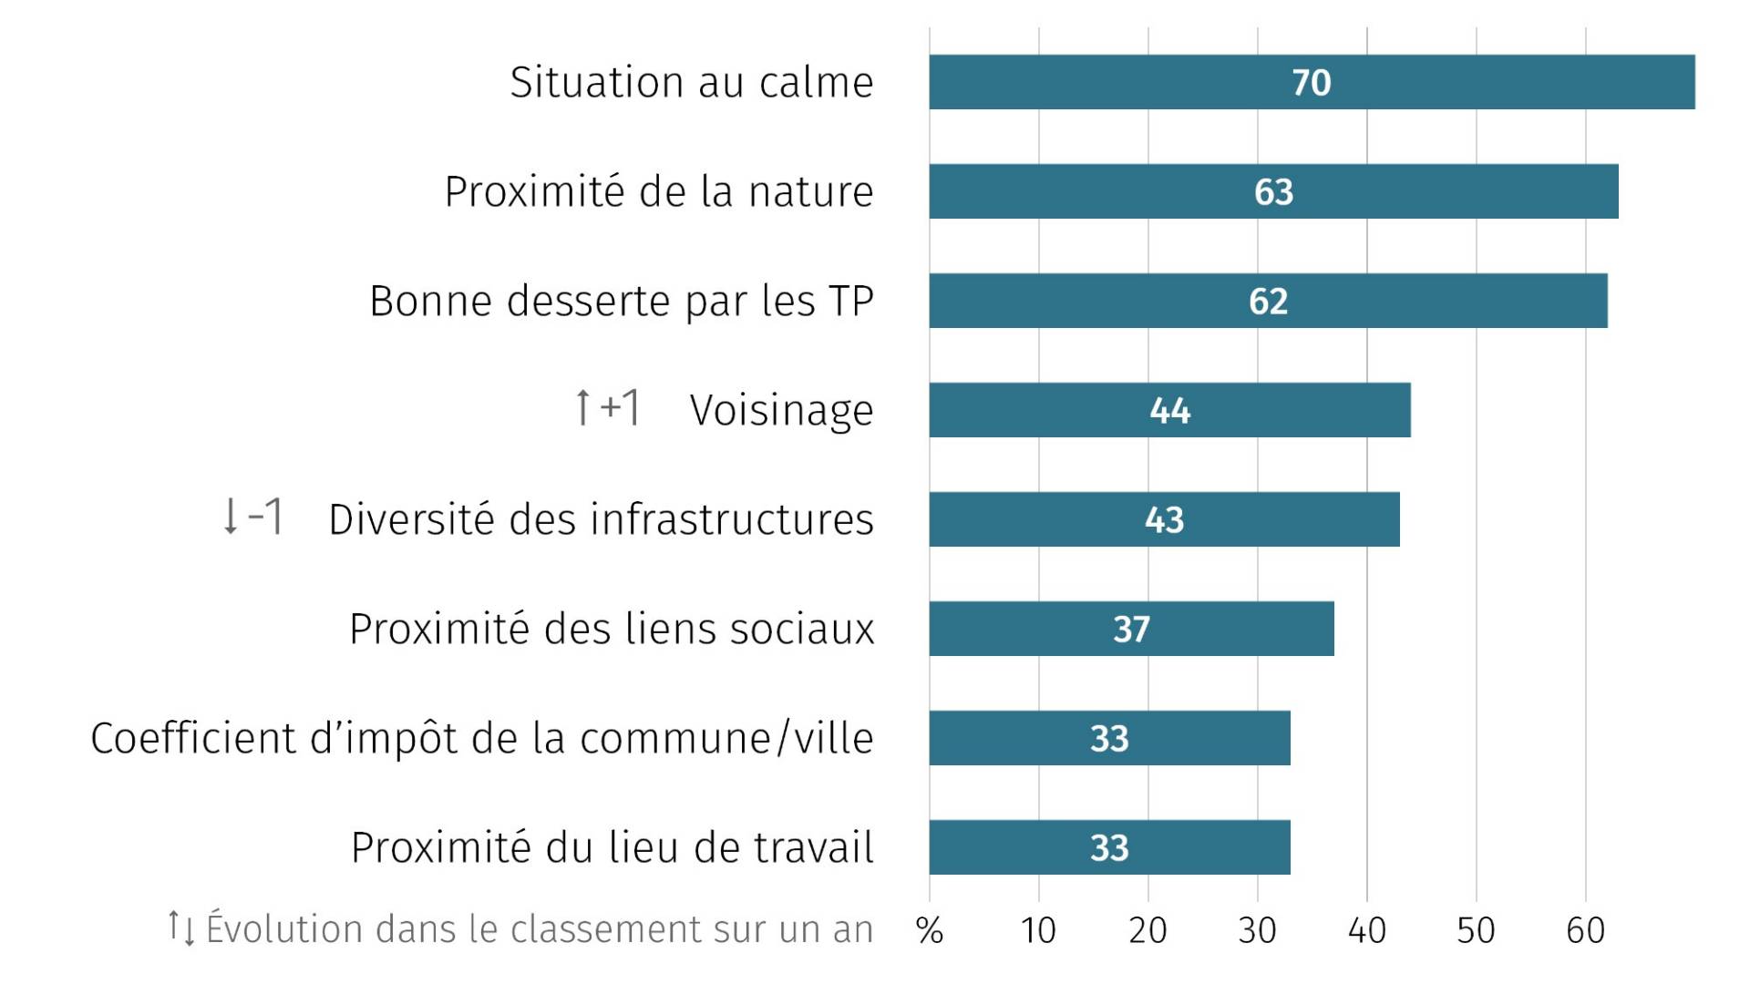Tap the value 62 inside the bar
1268,302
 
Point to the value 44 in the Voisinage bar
1169,411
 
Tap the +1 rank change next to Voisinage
607,407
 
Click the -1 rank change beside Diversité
252,517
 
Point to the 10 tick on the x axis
1038,930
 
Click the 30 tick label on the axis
1257,930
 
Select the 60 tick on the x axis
1585,930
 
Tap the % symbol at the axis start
929,930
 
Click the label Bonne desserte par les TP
621,301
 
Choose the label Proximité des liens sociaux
612,629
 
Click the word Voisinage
781,410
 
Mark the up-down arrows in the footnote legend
180,928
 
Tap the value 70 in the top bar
1311,83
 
